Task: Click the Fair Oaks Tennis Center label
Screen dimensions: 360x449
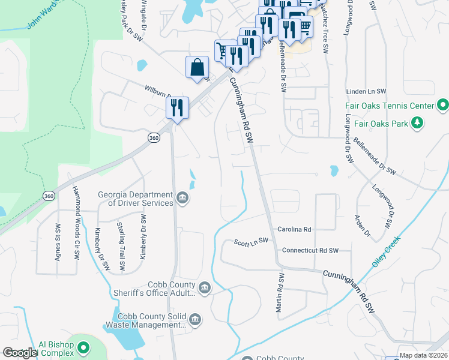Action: click(390, 106)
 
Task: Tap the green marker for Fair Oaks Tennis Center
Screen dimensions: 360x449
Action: click(443, 106)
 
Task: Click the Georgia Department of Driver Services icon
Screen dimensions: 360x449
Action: click(182, 197)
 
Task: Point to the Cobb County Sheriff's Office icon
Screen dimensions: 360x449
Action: click(204, 288)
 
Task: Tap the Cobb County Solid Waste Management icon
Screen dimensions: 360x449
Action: click(194, 320)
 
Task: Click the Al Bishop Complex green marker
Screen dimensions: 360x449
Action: click(84, 347)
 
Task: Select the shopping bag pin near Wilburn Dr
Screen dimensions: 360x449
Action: click(197, 68)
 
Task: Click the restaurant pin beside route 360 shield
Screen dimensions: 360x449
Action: click(177, 107)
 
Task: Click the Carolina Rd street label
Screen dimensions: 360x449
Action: click(295, 229)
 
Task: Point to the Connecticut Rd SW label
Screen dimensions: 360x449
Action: click(310, 250)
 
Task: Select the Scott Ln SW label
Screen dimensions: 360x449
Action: click(251, 242)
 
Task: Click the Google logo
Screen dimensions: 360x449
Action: click(20, 352)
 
